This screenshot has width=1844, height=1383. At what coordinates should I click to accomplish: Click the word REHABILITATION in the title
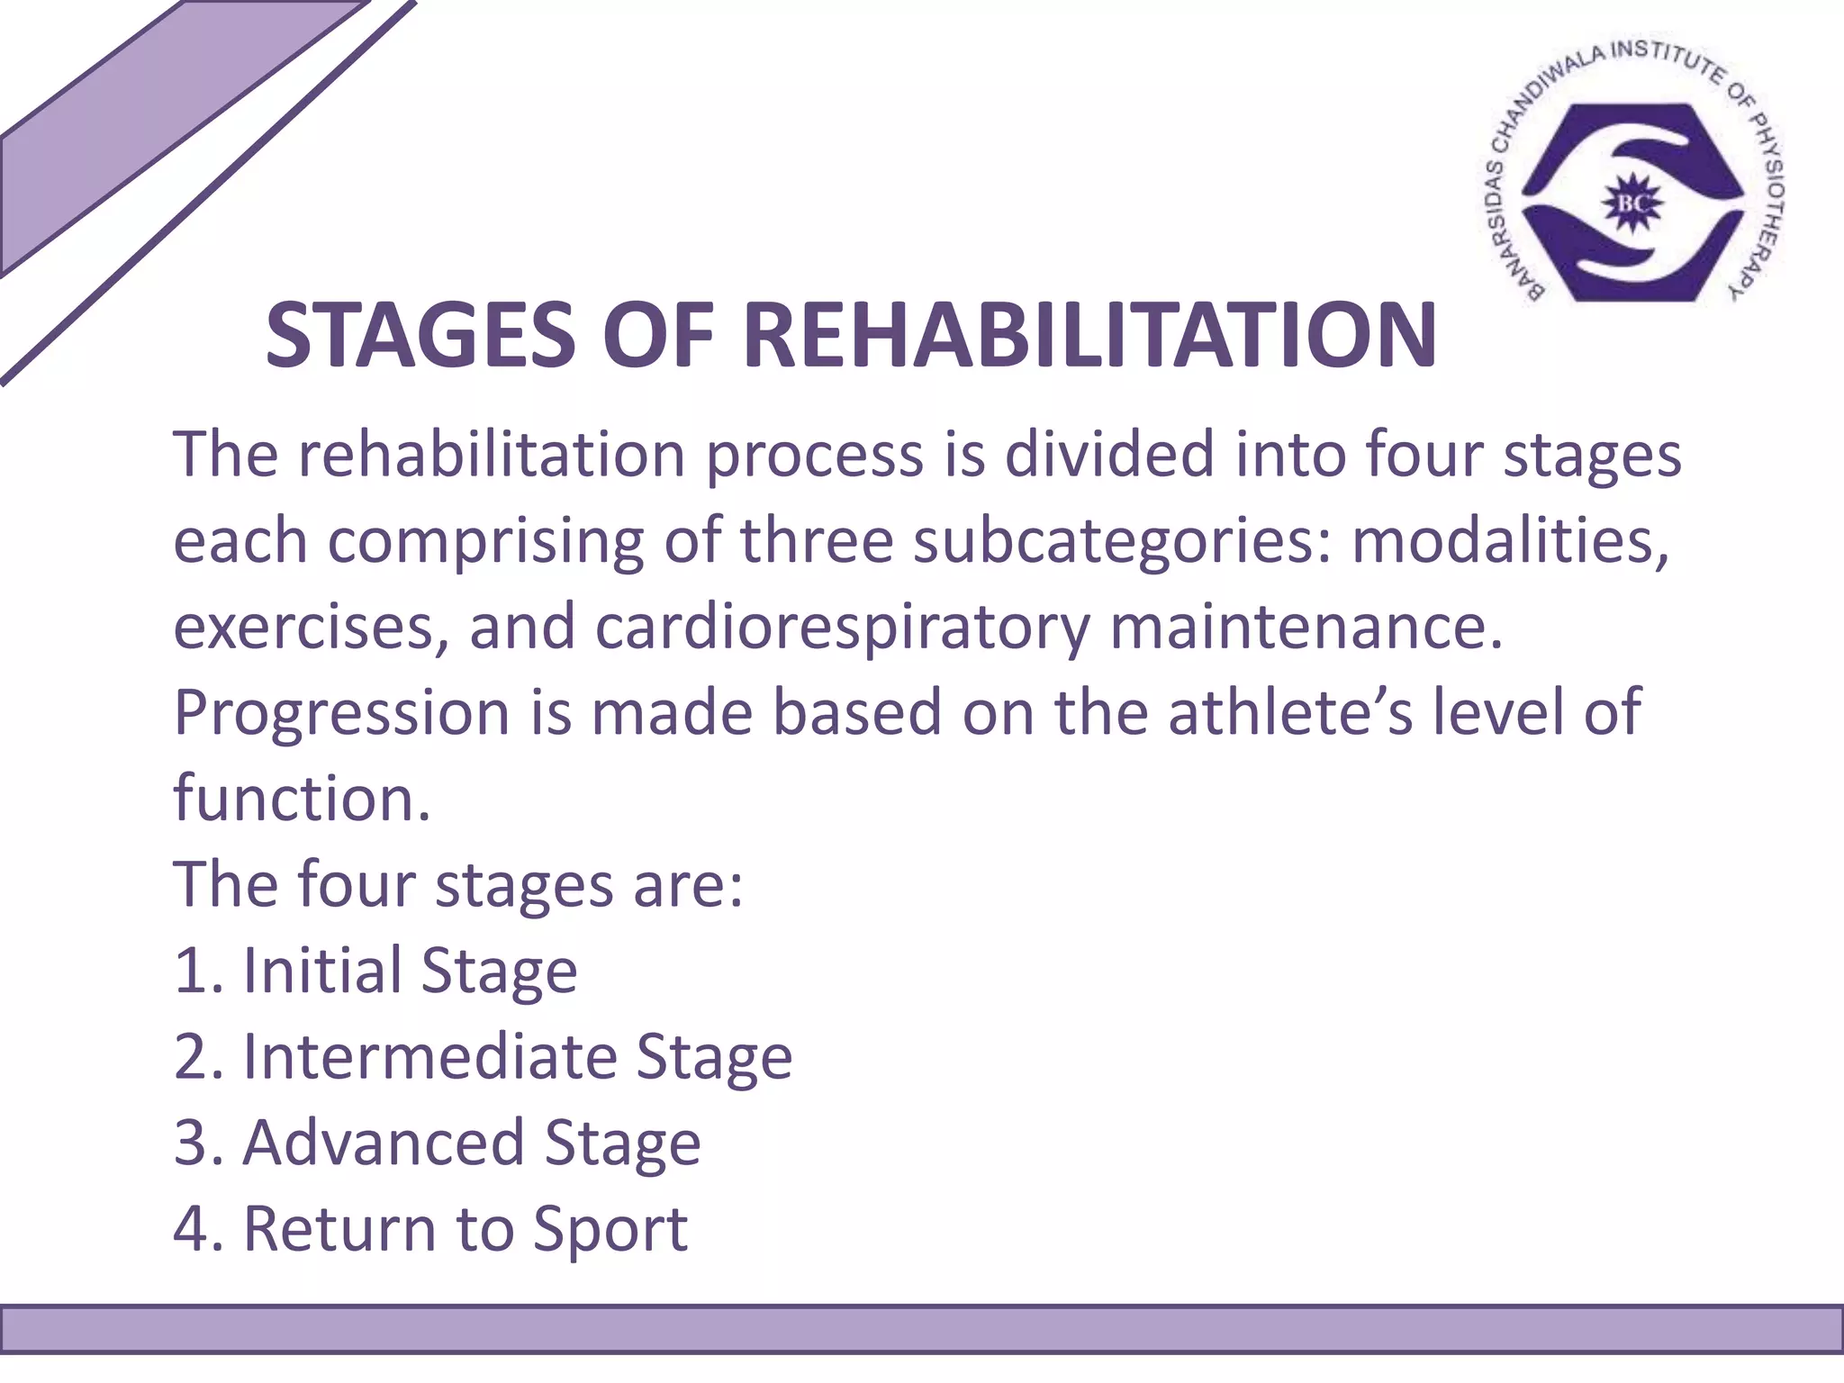1089,336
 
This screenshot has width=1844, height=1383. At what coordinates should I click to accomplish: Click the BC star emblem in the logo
1632,203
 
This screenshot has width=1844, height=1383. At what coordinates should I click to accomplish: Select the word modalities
1510,540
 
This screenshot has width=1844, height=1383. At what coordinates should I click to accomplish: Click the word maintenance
1306,626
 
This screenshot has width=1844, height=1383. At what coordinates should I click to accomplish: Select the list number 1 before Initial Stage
190,971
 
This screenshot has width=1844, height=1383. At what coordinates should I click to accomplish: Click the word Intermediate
429,1056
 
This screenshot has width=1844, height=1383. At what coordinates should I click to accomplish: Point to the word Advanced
383,1143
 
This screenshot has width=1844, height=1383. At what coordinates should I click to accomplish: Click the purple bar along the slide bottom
922,1329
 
